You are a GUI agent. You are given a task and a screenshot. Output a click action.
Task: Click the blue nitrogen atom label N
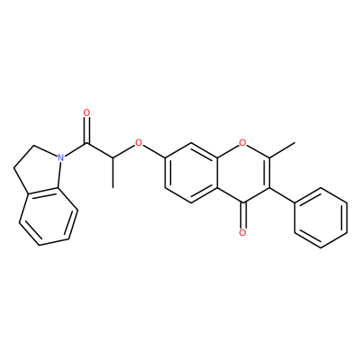click(x=61, y=157)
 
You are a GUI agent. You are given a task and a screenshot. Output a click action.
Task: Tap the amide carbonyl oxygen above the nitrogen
click(x=86, y=112)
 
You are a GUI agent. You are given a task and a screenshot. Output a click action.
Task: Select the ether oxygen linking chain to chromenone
click(x=139, y=142)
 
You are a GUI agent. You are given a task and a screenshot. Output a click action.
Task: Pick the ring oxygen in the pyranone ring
click(x=243, y=142)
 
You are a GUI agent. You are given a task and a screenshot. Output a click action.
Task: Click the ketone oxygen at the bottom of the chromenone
click(x=243, y=232)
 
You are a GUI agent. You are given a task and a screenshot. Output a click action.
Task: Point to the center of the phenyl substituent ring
click(x=321, y=218)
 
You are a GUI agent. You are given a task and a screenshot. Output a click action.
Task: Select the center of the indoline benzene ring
click(x=49, y=217)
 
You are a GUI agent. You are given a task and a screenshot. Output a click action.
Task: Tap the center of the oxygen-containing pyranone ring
click(x=243, y=173)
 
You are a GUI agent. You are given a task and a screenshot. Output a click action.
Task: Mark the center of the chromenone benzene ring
click(x=191, y=173)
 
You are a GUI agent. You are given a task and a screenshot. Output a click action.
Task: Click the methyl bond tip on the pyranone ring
click(x=295, y=143)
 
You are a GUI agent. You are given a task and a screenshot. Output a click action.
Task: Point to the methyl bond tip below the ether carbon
click(x=112, y=187)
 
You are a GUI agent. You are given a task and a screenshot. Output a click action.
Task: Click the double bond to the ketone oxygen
click(x=243, y=215)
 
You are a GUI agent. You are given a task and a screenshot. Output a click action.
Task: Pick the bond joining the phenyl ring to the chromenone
click(x=282, y=195)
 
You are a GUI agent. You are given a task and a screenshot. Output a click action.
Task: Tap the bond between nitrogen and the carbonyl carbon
click(x=76, y=149)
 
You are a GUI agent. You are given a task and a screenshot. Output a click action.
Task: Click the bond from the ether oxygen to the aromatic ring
click(x=154, y=151)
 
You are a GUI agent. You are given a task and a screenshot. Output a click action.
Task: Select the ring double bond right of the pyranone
click(x=268, y=173)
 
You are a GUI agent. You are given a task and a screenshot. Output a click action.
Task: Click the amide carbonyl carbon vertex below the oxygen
click(x=86, y=143)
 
